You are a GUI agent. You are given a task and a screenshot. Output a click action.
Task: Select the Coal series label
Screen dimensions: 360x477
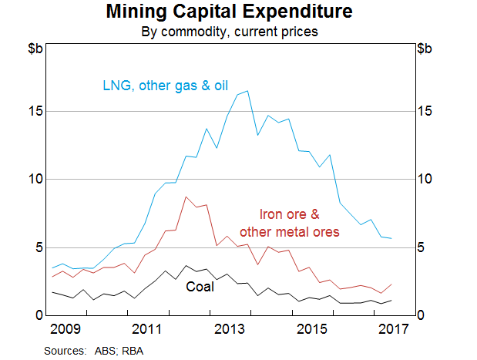(x=200, y=287)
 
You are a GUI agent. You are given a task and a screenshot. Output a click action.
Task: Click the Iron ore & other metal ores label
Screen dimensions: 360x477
(x=289, y=223)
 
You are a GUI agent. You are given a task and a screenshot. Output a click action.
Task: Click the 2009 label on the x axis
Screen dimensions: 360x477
(x=66, y=330)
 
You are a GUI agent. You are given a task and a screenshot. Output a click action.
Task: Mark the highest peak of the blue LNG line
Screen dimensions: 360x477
(x=246, y=92)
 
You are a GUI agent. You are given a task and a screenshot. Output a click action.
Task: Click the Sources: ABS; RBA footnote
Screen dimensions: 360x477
(x=93, y=350)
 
